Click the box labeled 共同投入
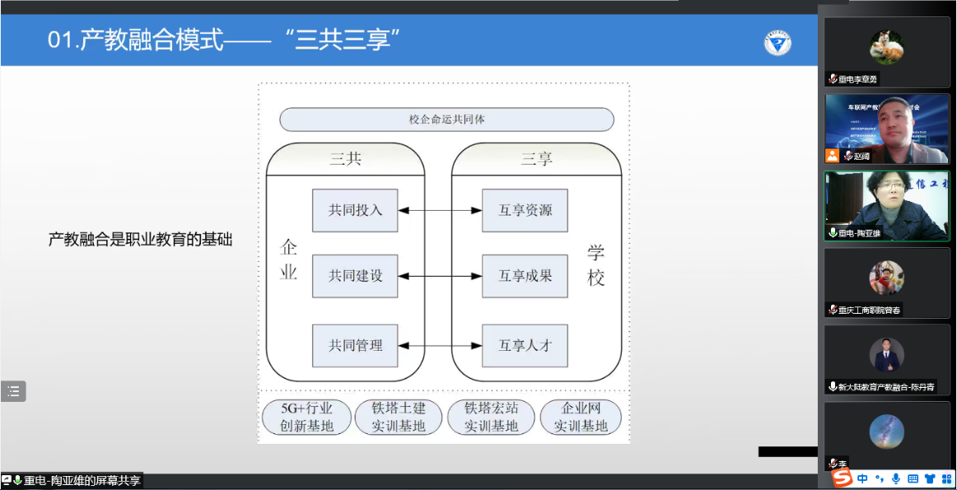(355, 210)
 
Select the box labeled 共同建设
(355, 276)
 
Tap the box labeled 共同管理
(355, 346)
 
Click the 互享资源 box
(525, 210)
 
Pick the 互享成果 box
(525, 276)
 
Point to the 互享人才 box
(525, 346)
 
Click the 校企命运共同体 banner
(446, 119)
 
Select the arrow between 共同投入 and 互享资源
(440, 211)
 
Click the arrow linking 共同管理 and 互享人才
(440, 346)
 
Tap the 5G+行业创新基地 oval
(307, 417)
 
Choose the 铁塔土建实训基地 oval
(399, 417)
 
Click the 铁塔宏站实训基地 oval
(491, 417)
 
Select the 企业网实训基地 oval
(581, 417)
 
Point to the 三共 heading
(345, 159)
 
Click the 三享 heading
(536, 159)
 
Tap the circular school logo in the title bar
(777, 43)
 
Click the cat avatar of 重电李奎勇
(886, 47)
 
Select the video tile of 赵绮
(886, 128)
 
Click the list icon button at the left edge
(13, 391)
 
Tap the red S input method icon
(841, 478)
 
